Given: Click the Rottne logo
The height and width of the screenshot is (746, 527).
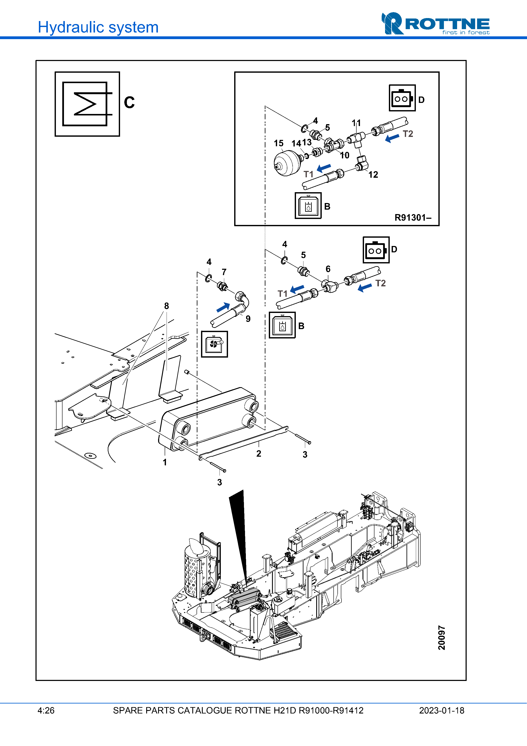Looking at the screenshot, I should click(435, 24).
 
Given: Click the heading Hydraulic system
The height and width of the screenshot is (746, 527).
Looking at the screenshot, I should click(98, 27).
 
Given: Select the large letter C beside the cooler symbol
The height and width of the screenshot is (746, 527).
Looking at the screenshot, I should click(129, 103).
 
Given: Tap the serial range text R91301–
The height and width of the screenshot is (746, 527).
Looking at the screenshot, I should click(413, 218).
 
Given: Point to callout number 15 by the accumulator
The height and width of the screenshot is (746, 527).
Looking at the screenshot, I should click(278, 143).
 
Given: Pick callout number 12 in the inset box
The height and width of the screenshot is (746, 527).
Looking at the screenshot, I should click(373, 175).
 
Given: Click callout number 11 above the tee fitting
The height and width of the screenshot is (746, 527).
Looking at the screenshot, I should click(356, 123).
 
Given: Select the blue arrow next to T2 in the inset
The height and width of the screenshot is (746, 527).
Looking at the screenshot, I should click(392, 138).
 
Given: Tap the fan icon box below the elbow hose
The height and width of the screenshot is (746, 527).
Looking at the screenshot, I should click(214, 344).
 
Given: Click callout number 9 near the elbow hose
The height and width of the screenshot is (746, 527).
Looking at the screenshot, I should click(248, 319).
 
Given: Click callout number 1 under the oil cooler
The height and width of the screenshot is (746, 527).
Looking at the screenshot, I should click(165, 462).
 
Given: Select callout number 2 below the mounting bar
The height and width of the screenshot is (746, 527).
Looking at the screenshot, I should click(258, 454).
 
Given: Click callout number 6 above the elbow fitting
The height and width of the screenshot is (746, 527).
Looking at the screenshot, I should click(328, 269).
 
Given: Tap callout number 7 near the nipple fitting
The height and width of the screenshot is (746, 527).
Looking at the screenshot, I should click(224, 272).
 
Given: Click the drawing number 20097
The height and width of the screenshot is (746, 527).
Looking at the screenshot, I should click(442, 638).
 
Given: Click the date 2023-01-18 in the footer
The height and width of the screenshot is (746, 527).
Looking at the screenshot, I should click(441, 710).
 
